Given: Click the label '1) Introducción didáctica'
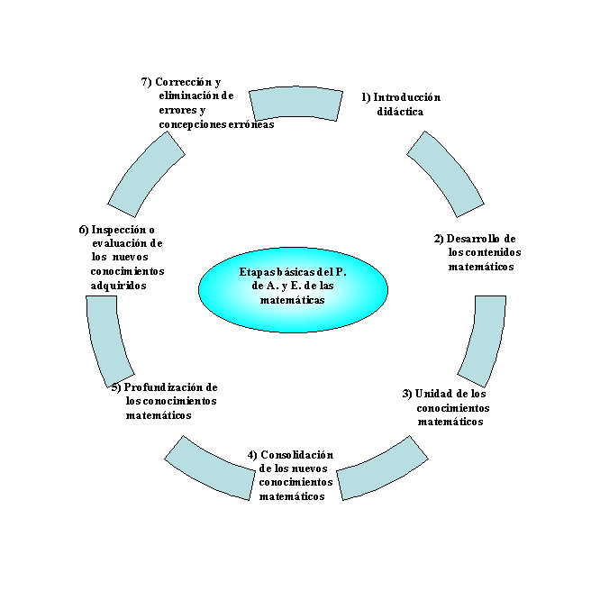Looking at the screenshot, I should [400, 105].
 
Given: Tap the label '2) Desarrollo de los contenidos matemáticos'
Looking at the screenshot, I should [475, 252].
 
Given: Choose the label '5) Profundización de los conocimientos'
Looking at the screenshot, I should [166, 401].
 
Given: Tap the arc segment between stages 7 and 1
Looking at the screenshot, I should [295, 103].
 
